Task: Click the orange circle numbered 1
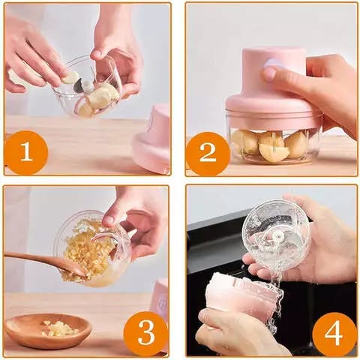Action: [x=26, y=152]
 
